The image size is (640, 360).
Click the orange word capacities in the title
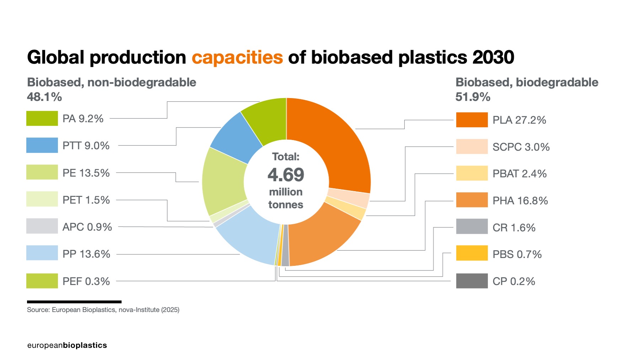click(x=237, y=57)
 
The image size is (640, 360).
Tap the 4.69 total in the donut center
click(x=286, y=175)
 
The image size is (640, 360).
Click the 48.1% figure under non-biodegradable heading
click(x=44, y=97)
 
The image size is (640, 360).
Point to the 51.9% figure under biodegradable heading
click(x=473, y=97)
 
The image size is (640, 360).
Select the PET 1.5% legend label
click(x=86, y=200)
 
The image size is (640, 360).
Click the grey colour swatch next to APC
click(x=42, y=226)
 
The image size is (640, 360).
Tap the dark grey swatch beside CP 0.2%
click(x=472, y=281)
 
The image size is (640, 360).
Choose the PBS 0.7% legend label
click(x=517, y=254)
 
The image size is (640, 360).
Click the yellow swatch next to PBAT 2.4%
click(x=472, y=173)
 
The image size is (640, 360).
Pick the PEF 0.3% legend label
click(x=86, y=281)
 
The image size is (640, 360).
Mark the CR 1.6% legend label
click(x=514, y=227)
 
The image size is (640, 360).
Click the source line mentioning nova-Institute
click(x=103, y=310)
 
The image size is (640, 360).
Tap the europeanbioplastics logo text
click(x=67, y=345)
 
